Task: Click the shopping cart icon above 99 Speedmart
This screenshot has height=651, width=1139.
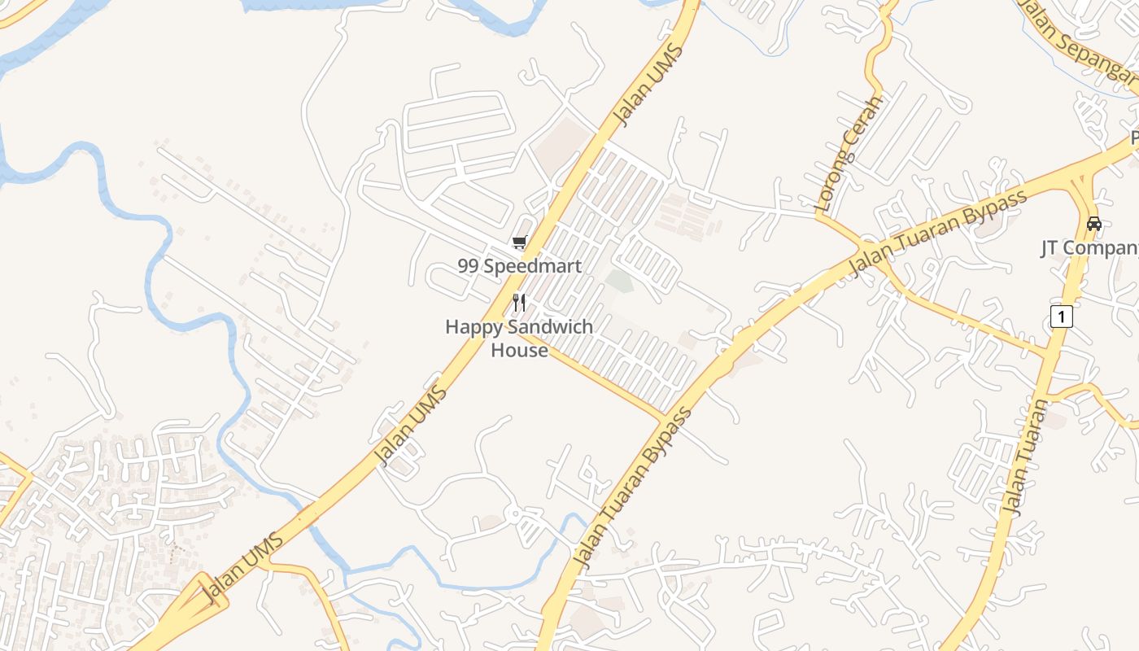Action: coord(519,242)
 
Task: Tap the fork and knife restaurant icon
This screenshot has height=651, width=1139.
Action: coord(519,303)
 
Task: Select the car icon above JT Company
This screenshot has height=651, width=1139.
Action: coord(1094,223)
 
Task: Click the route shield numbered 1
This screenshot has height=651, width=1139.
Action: coord(1061,316)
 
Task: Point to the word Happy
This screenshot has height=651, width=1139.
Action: coord(472,327)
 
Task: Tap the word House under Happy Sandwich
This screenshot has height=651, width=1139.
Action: coord(519,350)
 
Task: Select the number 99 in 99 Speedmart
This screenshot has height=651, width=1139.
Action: coord(468,266)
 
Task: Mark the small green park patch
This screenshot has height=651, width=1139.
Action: coord(620,282)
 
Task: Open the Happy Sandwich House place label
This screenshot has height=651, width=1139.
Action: coord(519,338)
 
